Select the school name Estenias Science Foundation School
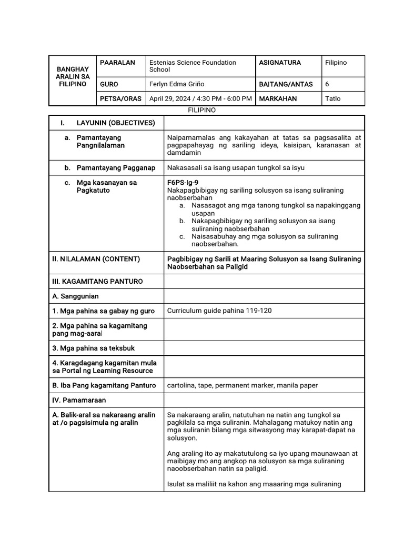193,66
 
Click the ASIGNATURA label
280,63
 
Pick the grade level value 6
327,84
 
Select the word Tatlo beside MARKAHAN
333,98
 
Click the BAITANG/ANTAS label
286,84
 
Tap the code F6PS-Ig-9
183,182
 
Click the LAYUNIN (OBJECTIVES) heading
116,123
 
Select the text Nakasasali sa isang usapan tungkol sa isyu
236,168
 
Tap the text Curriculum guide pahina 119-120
219,311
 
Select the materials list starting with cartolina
242,385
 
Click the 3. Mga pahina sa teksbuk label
93,348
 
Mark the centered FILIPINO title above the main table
202,111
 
